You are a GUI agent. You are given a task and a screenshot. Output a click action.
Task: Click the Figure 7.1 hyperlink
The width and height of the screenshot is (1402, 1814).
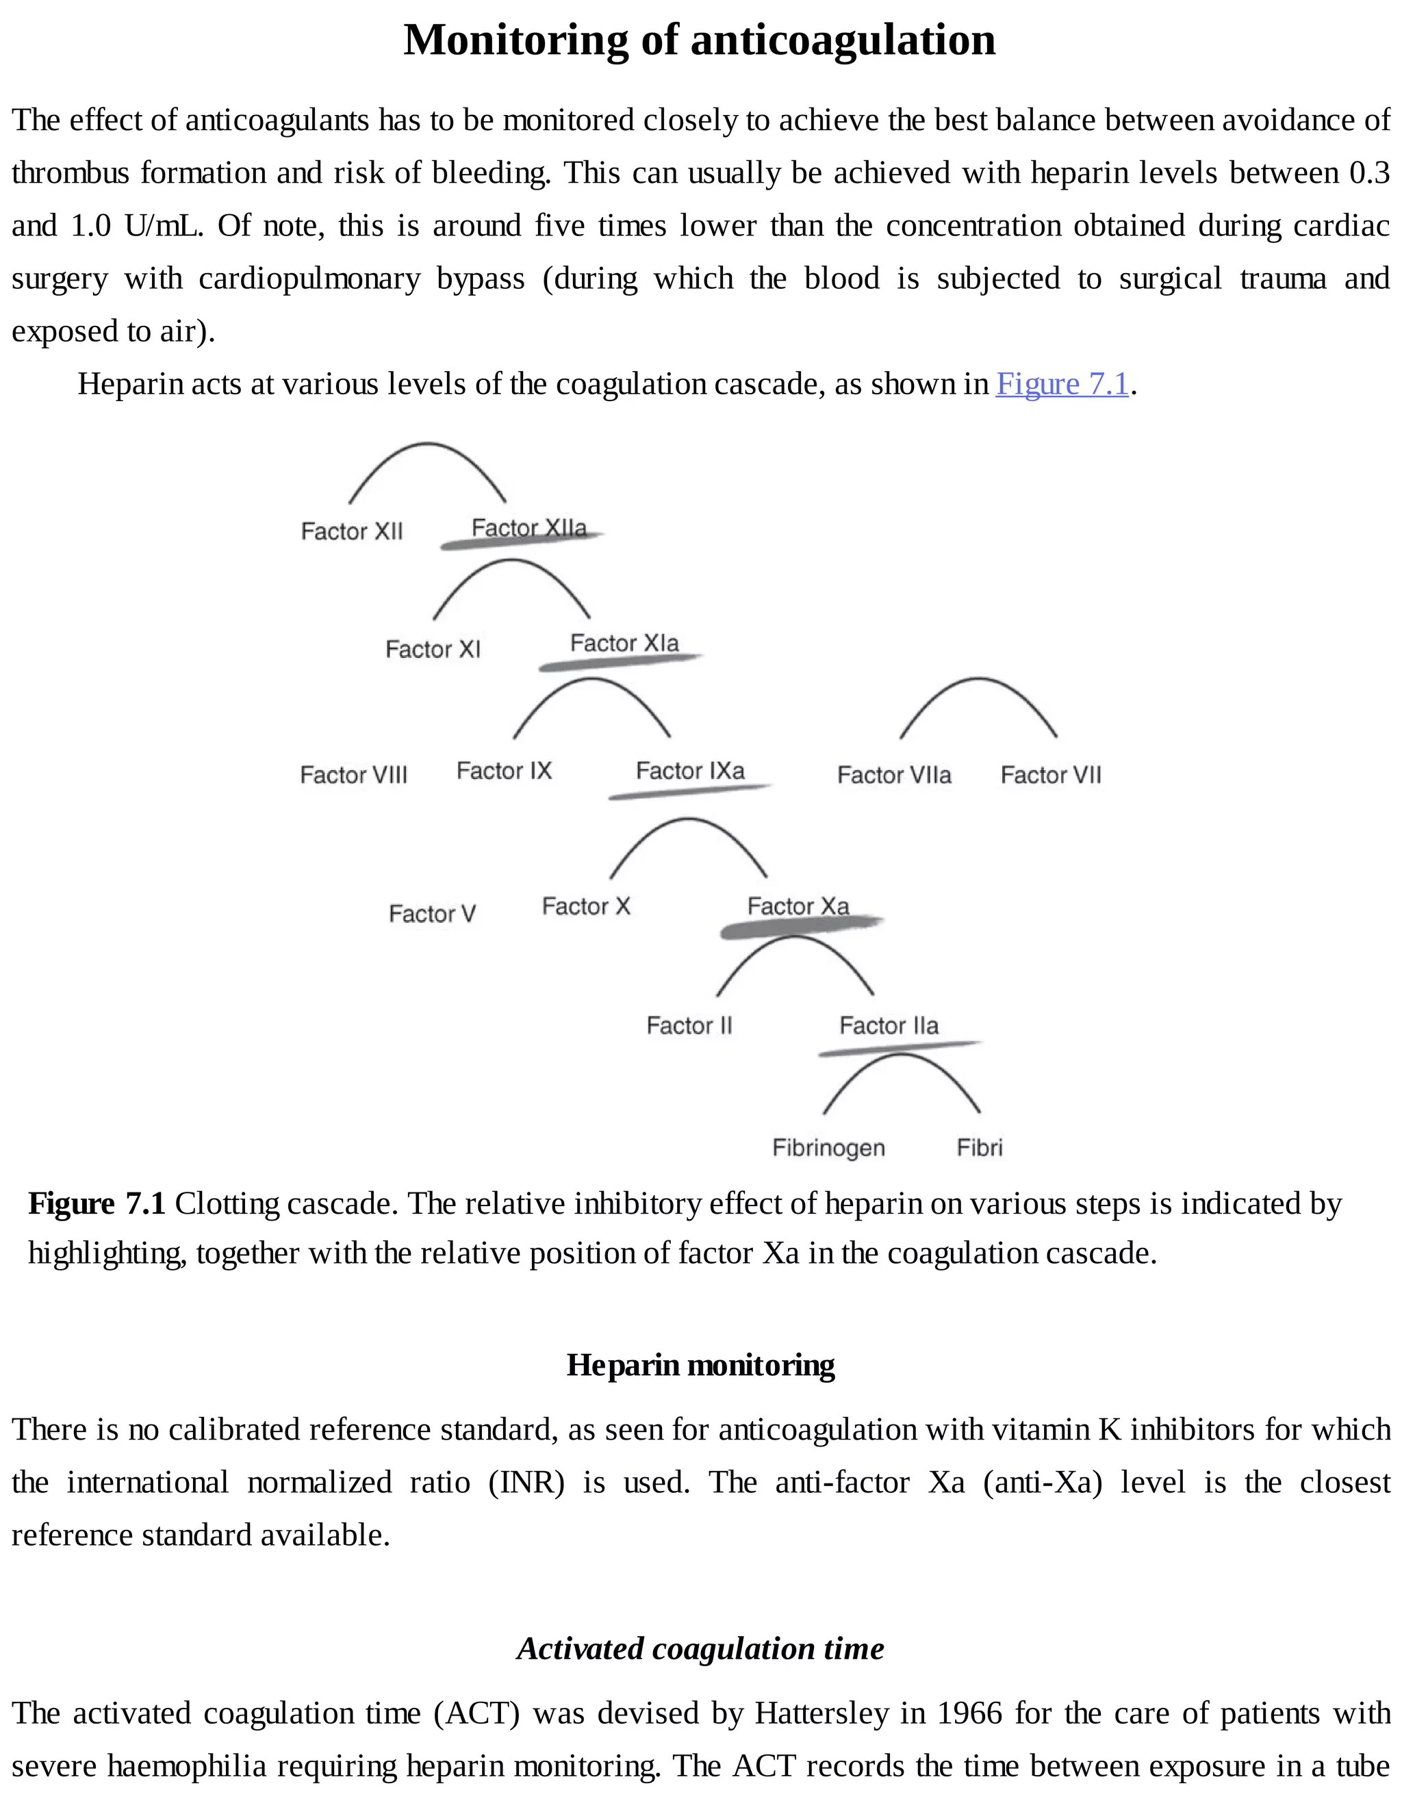click(x=1062, y=384)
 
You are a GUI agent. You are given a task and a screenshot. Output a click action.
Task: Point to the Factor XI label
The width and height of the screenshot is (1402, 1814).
click(x=433, y=649)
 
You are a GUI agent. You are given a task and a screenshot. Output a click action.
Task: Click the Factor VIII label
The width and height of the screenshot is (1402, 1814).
click(x=354, y=775)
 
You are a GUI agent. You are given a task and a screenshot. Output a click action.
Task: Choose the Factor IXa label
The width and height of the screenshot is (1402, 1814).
click(x=690, y=771)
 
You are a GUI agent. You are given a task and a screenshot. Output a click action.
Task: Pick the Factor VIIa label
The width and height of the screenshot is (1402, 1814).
click(x=893, y=775)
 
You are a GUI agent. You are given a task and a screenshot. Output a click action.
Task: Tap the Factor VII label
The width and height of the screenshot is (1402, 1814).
click(x=1051, y=775)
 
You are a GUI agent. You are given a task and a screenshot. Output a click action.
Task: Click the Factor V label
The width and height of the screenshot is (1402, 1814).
click(x=432, y=914)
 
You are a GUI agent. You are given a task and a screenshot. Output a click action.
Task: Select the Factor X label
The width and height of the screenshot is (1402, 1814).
click(x=585, y=906)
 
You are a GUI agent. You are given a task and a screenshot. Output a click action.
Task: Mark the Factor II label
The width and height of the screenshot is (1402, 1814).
click(x=689, y=1026)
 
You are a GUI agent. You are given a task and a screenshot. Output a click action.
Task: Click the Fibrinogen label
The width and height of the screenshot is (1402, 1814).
click(x=828, y=1148)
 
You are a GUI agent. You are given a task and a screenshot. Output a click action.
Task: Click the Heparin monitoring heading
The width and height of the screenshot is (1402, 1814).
click(x=700, y=1365)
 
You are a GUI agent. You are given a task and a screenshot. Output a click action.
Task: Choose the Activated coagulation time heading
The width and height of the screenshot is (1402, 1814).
click(x=700, y=1648)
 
